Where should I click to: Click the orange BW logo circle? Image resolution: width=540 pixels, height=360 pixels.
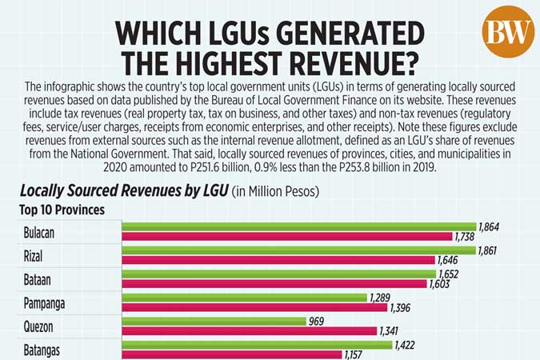[x=508, y=31]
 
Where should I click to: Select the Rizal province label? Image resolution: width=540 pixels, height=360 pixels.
[x=38, y=255]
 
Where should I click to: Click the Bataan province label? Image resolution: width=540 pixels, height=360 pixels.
[x=41, y=279]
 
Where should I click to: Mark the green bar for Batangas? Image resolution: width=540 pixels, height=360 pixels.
[x=257, y=345]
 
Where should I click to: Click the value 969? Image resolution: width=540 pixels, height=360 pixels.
[x=318, y=322]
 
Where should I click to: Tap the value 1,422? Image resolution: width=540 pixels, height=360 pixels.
[x=406, y=345]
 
